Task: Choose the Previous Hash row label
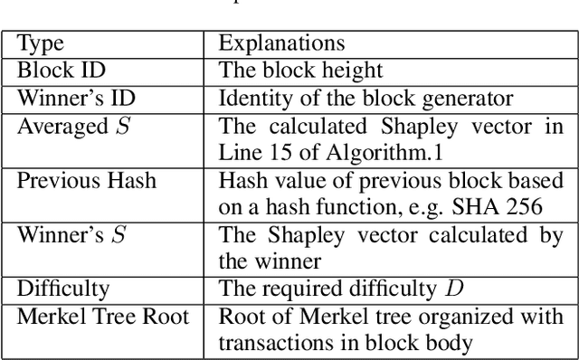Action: [87, 181]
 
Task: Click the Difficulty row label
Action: [63, 289]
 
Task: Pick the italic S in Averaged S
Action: [123, 126]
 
